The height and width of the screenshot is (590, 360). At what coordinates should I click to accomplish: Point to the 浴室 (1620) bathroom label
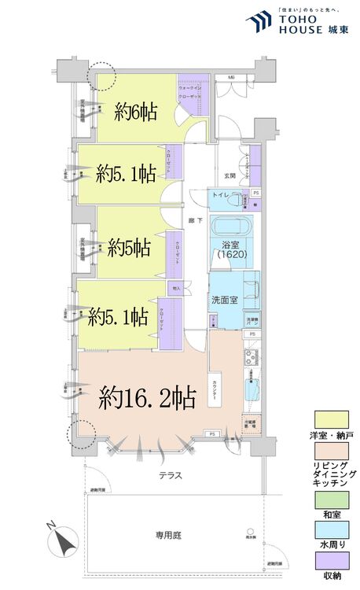tap(231, 251)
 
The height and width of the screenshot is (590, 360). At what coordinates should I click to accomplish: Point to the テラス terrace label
tap(170, 475)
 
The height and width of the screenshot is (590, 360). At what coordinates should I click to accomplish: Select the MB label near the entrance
tap(232, 77)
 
